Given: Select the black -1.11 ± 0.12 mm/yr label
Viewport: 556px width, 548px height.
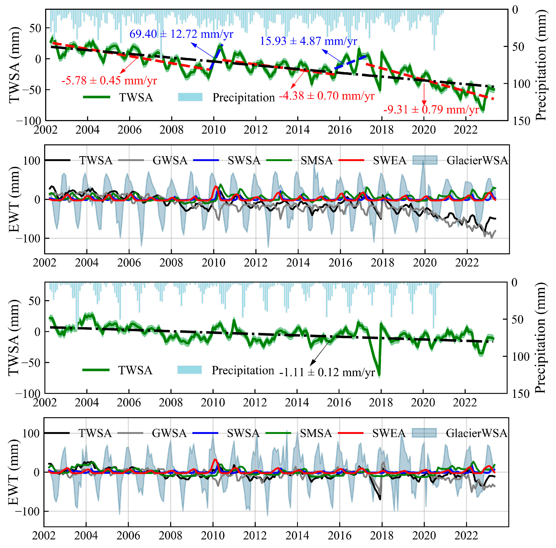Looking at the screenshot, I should click(327, 372).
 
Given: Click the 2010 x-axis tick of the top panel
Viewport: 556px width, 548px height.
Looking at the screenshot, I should click(214, 130).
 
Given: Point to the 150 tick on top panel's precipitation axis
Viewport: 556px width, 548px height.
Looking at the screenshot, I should click(521, 121).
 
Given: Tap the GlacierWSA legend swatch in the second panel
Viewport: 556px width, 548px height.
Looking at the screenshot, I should click(425, 160).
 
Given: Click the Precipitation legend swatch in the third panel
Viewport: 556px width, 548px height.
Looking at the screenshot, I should click(189, 370).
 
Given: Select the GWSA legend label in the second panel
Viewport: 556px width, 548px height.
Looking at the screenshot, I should click(170, 160).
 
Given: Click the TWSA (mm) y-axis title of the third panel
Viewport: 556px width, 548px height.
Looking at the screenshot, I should click(14, 338).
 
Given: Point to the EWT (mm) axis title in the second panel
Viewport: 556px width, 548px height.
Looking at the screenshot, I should click(14, 199).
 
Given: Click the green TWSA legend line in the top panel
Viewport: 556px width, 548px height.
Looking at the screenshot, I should click(97, 97).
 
